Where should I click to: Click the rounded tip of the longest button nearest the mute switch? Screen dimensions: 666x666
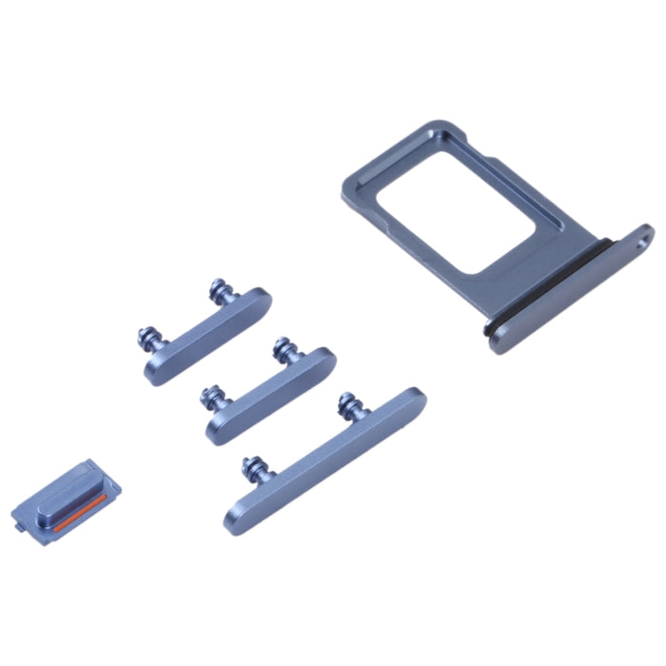point(233,519)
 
